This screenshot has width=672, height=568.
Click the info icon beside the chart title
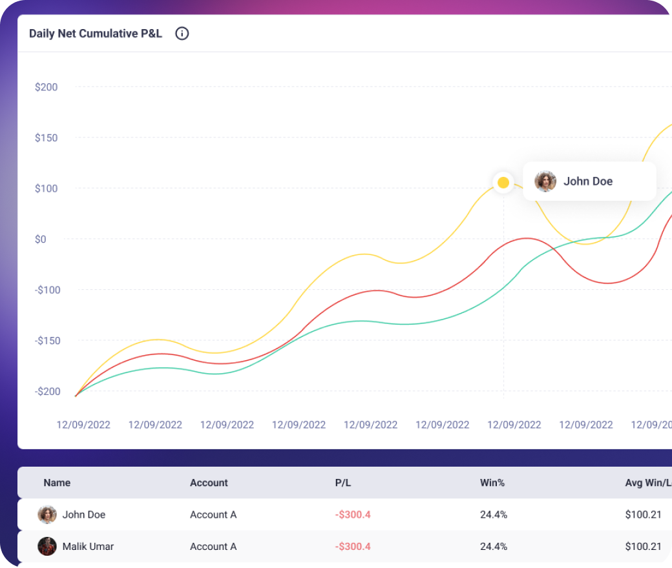[182, 34]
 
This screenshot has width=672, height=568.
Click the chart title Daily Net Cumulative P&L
[96, 34]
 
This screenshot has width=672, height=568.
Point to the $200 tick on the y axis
[47, 87]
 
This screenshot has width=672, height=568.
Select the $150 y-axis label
[47, 137]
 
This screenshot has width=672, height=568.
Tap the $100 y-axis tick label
[47, 188]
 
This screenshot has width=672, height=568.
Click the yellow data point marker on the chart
[503, 183]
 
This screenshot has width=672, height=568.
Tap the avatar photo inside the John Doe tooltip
[546, 181]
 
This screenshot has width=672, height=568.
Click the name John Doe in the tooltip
[588, 181]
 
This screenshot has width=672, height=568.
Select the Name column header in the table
[57, 483]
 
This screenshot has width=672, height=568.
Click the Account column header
[209, 483]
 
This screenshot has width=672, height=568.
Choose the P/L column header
[343, 483]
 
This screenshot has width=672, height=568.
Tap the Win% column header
[492, 483]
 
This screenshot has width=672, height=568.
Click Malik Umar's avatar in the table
[47, 546]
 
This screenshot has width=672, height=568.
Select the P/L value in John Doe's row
[353, 514]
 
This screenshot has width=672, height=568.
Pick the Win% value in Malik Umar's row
[494, 546]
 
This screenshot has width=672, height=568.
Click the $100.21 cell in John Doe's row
[644, 514]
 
